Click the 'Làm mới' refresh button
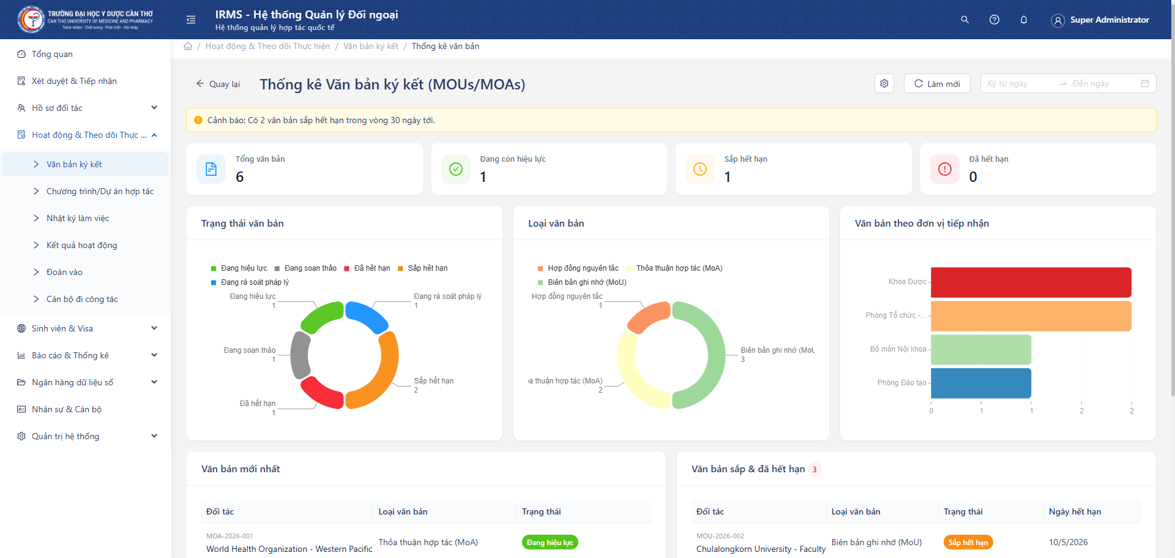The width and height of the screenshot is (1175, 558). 936,84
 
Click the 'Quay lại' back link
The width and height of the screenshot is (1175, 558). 218,84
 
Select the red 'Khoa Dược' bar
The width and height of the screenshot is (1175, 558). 1031,282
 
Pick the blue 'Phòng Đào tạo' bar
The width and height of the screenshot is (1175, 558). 980,383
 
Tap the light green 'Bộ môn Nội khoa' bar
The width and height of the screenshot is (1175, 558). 980,349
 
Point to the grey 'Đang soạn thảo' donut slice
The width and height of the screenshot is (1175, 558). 300,355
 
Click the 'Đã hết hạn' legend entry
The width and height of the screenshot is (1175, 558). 367,268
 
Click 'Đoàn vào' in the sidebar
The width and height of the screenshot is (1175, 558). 64,272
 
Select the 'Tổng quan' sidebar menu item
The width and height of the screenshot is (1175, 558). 52,54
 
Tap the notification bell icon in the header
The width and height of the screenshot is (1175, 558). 1023,20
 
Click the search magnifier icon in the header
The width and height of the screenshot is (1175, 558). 964,20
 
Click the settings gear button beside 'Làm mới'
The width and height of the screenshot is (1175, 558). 884,83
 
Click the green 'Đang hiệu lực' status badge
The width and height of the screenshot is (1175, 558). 550,543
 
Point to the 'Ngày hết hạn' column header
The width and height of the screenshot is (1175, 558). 1075,511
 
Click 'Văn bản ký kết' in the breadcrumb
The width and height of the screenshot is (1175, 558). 370,46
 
